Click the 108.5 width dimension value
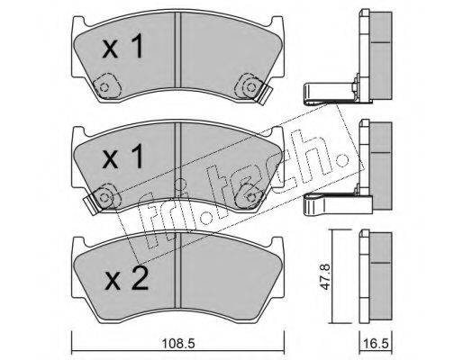pos(178,343)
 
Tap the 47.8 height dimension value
pos(325,276)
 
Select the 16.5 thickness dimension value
pos(376,343)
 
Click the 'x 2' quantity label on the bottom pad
pos(126,279)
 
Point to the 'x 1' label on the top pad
pos(123,46)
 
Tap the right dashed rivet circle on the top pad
pos(250,87)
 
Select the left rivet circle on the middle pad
pos(104,198)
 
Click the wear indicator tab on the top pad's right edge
pos(265,94)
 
